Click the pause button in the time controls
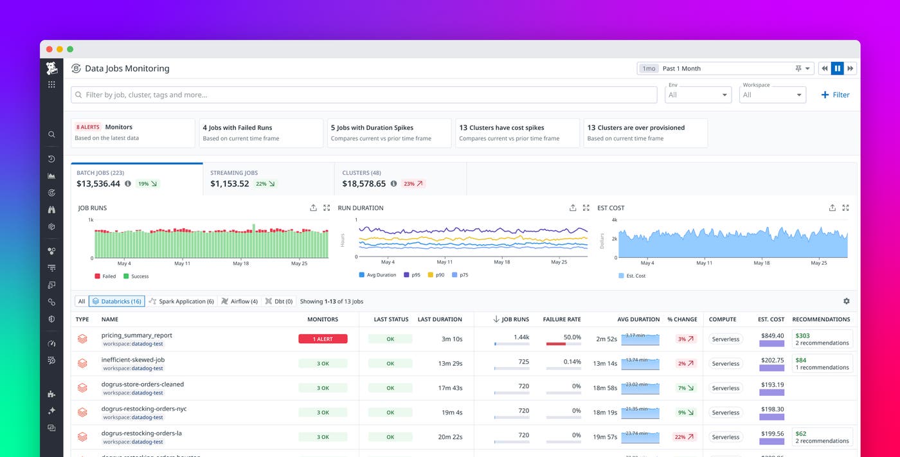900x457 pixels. (837, 68)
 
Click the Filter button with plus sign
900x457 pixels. (835, 94)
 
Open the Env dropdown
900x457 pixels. (698, 94)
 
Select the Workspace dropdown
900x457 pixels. (772, 94)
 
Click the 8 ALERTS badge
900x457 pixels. (88, 127)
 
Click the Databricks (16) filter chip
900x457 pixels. (116, 301)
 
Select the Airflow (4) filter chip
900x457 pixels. (239, 301)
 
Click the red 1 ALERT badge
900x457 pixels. (323, 339)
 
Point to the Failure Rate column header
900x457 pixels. (561, 319)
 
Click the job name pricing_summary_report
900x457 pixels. (136, 335)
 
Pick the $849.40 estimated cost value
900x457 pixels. (771, 336)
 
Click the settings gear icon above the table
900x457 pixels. (846, 301)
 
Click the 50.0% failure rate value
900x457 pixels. (571, 337)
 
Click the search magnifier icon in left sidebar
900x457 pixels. (51, 134)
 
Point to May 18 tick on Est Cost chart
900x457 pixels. (761, 263)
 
